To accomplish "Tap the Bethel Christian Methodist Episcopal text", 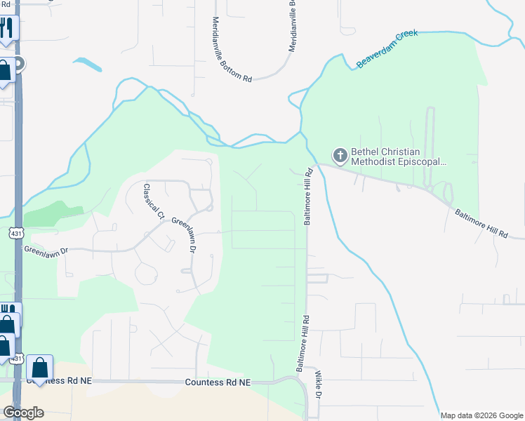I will click(398, 156).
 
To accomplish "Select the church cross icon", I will click(340, 155).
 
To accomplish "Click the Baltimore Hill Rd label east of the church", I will click(481, 222).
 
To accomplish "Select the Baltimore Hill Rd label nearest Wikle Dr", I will click(303, 343).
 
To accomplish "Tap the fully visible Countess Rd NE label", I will click(218, 382).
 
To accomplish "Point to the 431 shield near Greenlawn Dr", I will click(16, 232).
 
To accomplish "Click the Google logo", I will click(23, 413).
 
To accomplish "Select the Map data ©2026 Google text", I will click(481, 415).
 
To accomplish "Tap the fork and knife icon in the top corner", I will click(6, 27).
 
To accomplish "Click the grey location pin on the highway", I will click(19, 65).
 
